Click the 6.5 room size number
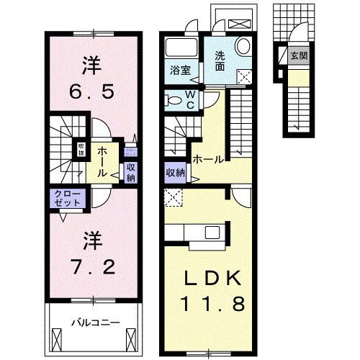click(x=92, y=92)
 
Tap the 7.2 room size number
click(x=92, y=267)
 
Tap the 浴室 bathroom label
click(x=180, y=71)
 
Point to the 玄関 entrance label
click(x=297, y=55)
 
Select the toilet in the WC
click(x=173, y=99)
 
